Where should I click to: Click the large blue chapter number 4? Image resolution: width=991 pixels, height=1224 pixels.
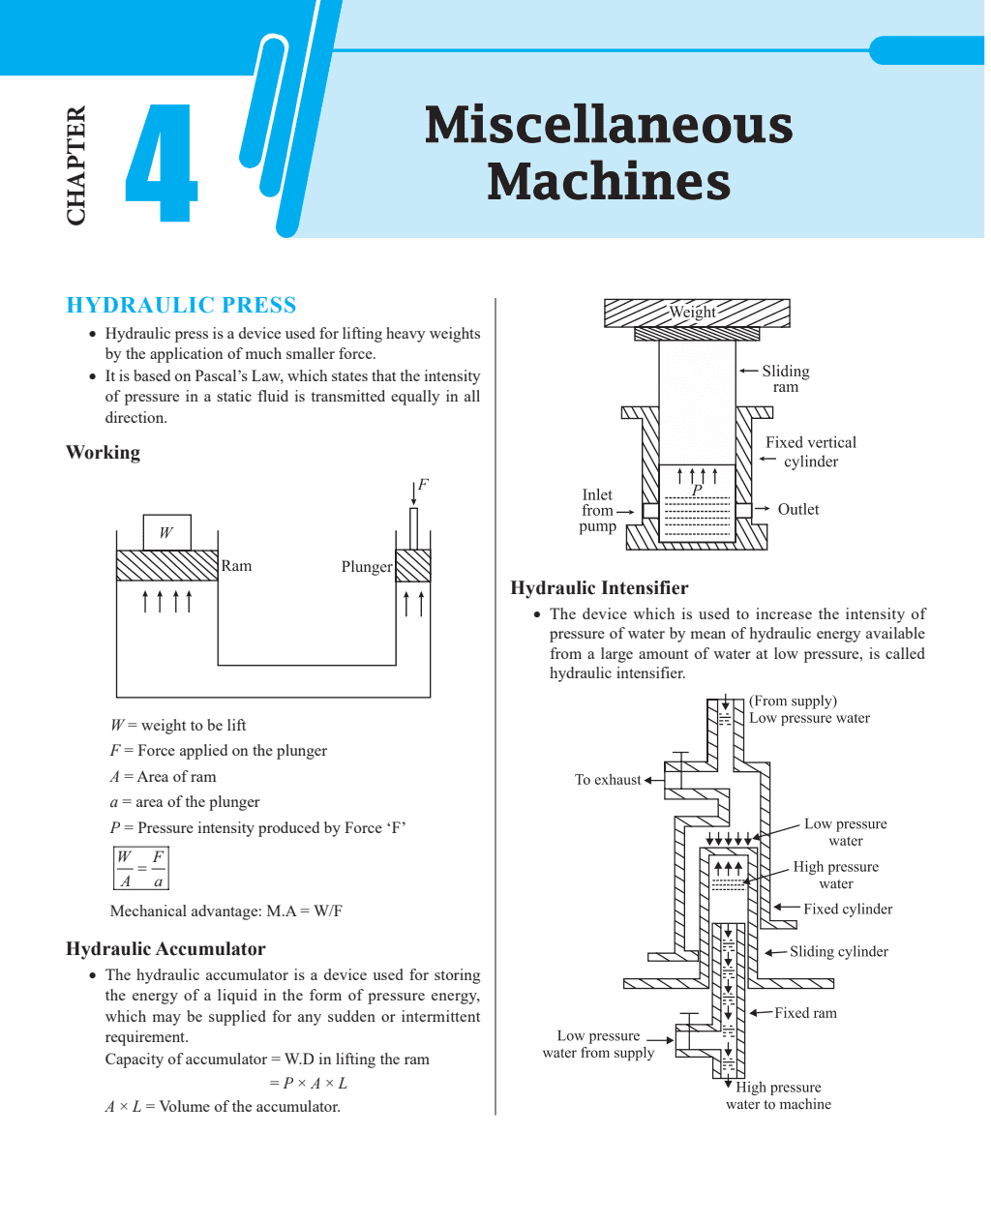162,164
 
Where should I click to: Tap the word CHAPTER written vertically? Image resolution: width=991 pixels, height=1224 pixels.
76,165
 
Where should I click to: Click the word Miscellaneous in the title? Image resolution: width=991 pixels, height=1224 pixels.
608,126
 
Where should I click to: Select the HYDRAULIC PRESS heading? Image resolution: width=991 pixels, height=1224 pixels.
181,306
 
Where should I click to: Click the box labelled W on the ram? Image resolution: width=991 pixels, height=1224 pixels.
166,532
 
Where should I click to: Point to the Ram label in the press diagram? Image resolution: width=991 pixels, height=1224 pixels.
236,566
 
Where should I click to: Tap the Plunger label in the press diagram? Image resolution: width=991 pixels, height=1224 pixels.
367,567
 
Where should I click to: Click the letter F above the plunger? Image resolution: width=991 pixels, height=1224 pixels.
423,485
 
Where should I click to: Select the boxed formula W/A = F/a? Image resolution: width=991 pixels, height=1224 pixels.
141,868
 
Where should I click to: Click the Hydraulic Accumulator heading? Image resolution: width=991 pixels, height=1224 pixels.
165,949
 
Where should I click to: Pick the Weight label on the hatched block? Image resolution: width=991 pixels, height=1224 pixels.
693,312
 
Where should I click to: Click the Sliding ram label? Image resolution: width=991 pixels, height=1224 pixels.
785,378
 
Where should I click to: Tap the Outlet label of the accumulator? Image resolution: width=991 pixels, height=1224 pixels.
798,509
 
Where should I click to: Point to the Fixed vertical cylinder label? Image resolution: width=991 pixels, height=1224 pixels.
811,452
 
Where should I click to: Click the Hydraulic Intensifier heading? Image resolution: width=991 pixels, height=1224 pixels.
599,588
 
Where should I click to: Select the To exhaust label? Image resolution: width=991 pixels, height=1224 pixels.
608,780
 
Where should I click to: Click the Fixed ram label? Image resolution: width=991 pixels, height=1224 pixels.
805,1013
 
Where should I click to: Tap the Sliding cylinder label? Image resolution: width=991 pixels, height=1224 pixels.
838,952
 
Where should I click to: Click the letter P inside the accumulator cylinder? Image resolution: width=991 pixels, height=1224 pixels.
697,491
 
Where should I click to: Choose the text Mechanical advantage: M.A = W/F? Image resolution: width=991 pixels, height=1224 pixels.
226,911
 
